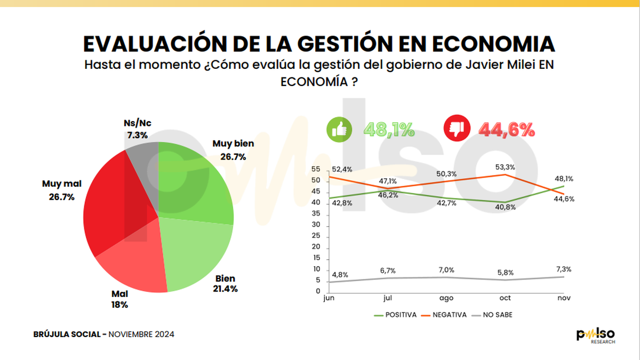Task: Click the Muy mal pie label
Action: (x=61, y=190)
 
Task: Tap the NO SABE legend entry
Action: (x=493, y=315)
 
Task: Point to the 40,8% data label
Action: (x=506, y=207)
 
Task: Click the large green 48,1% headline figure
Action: (x=389, y=130)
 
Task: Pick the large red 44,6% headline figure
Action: (x=506, y=130)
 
